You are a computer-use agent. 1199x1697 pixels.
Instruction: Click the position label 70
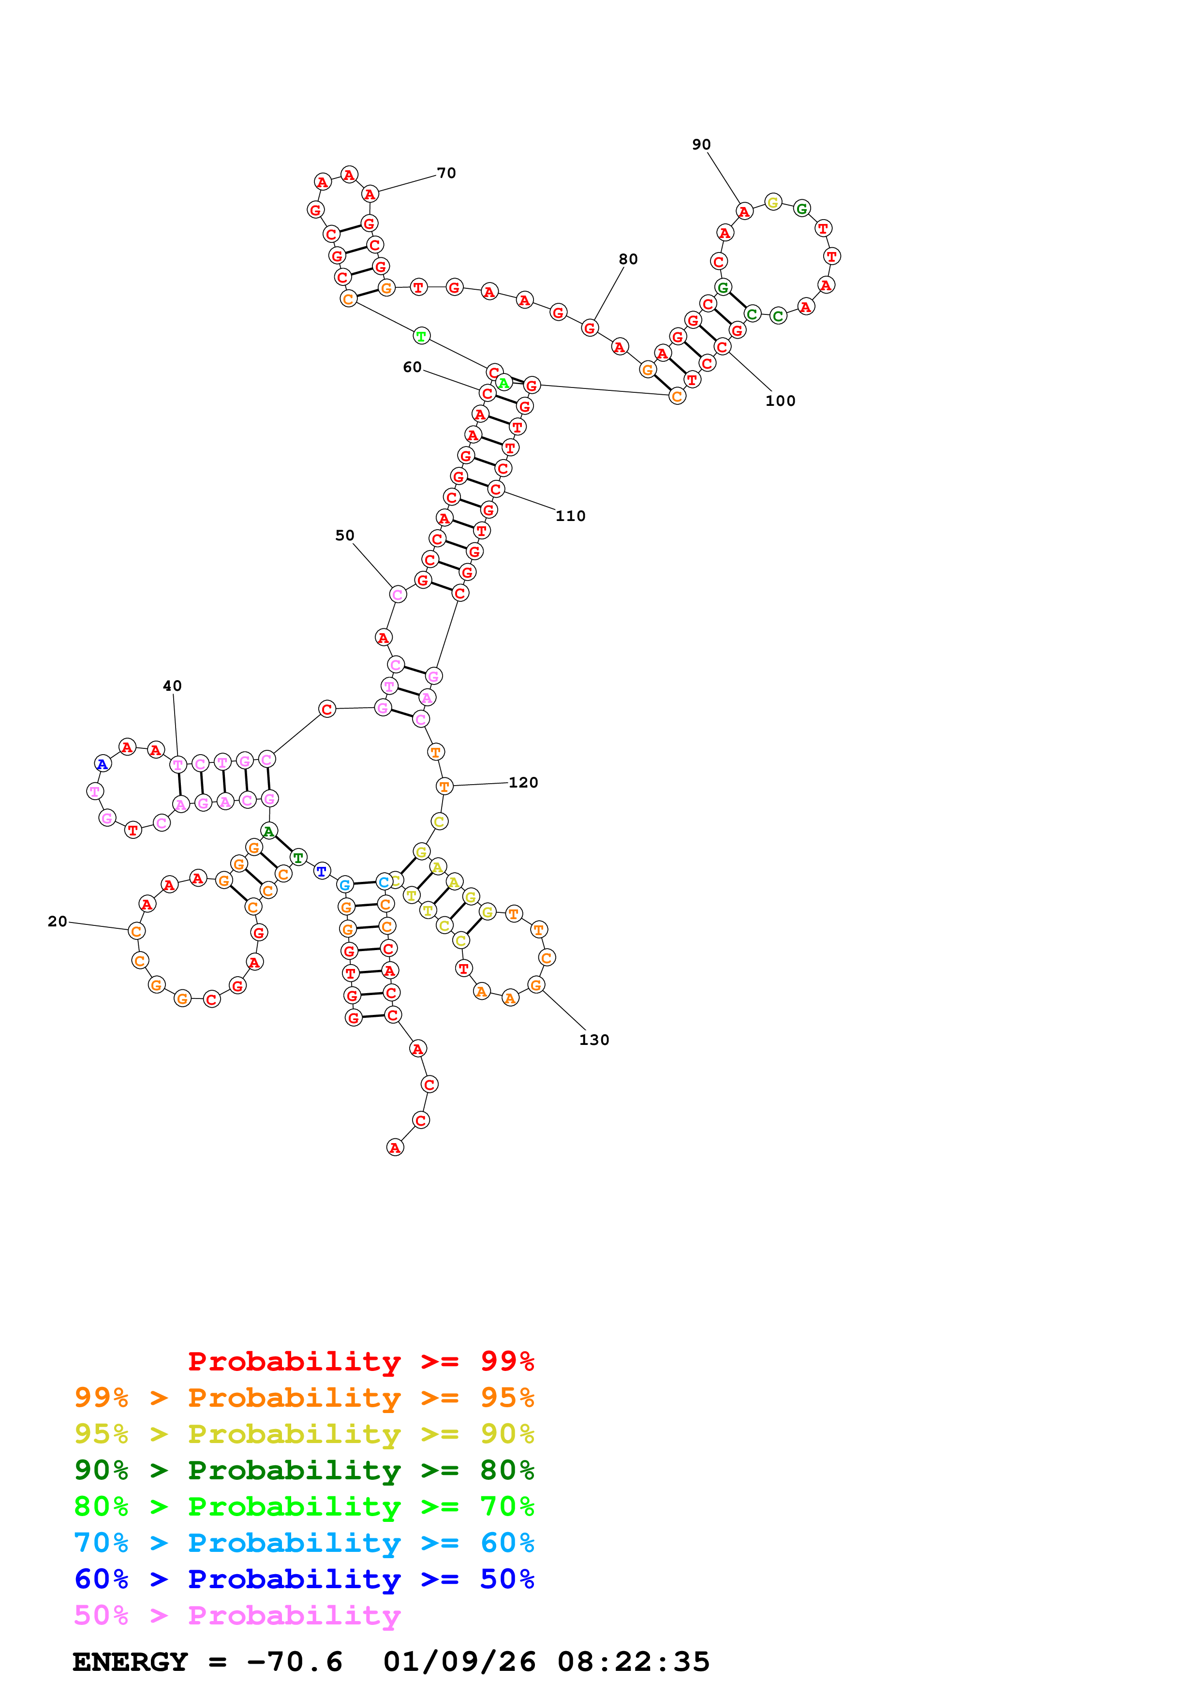446,173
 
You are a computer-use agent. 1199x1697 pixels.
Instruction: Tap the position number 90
701,144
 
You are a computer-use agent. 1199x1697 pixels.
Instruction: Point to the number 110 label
570,516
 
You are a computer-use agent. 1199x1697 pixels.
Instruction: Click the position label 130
594,1040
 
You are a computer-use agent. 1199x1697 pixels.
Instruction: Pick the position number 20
57,921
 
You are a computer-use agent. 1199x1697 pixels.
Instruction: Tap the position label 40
172,686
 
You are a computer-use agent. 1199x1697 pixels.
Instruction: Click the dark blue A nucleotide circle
102,763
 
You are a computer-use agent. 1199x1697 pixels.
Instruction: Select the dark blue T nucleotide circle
321,871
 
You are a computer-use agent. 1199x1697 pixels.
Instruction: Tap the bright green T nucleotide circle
421,336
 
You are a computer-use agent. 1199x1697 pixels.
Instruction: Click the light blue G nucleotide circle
344,885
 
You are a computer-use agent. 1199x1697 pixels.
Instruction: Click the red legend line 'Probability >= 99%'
360,1361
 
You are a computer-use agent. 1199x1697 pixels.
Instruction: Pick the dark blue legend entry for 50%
304,1579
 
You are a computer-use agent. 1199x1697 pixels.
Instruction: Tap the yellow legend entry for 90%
304,1434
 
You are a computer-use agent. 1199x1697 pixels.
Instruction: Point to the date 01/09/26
459,1662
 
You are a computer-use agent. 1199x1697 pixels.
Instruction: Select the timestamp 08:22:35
633,1662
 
